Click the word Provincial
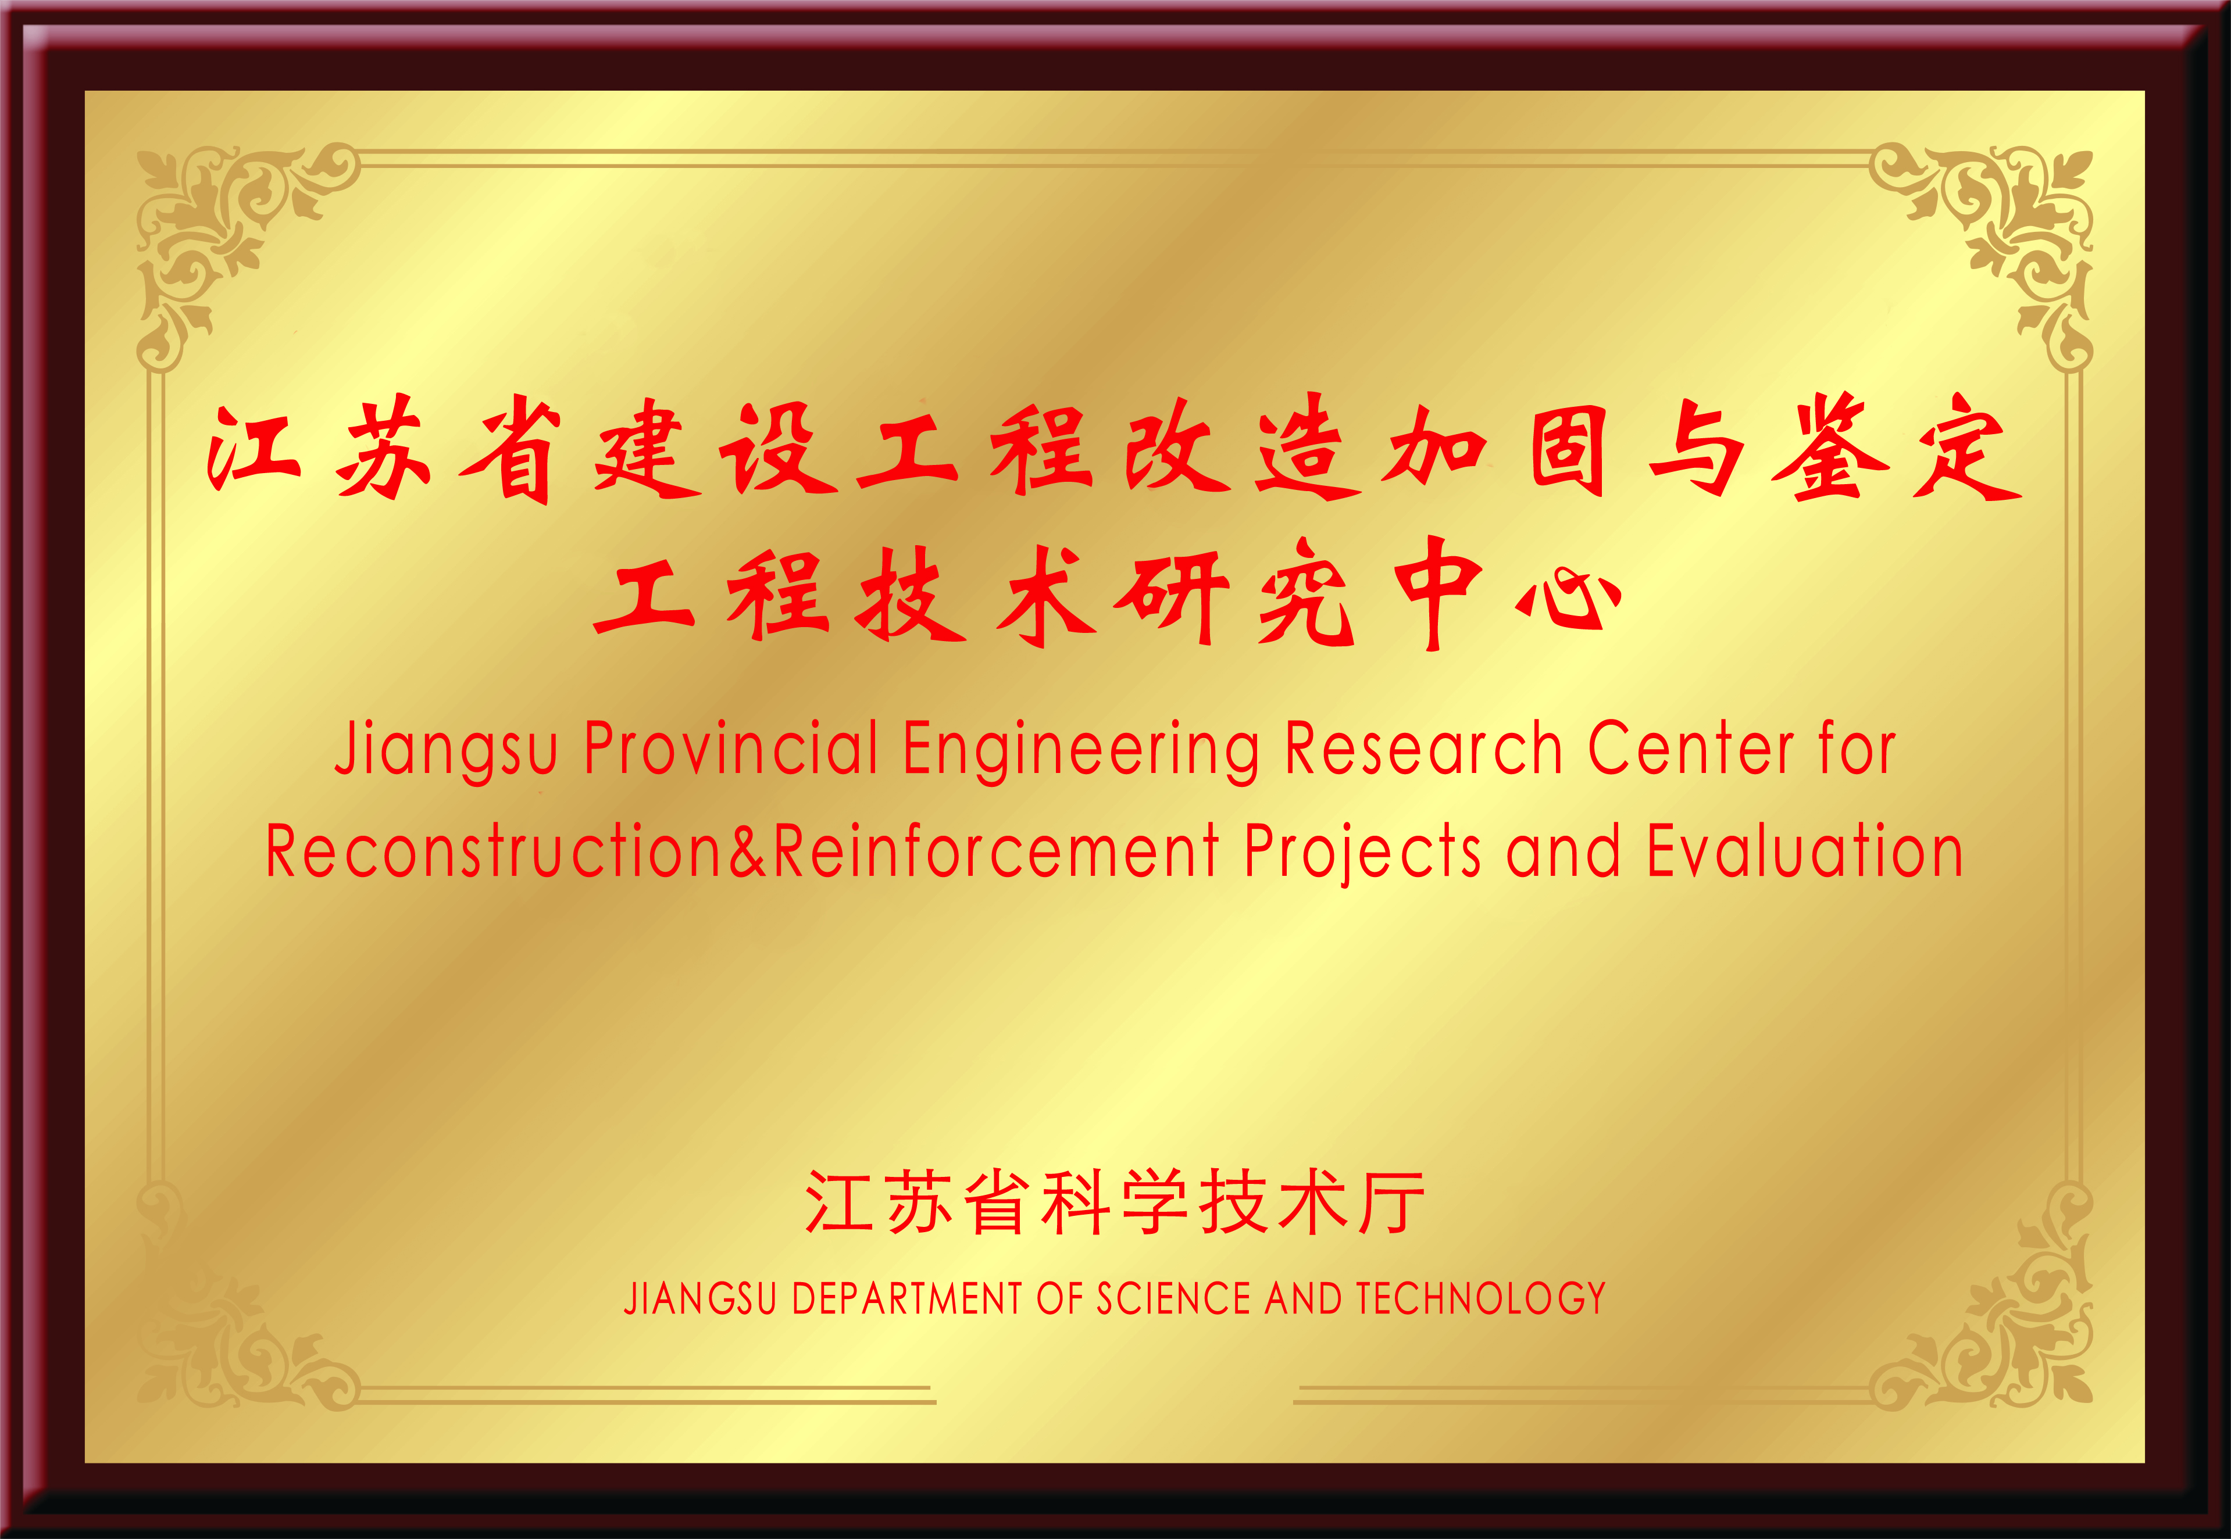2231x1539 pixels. pos(731,749)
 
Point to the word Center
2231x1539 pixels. pos(1691,749)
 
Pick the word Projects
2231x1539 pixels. pos(1362,853)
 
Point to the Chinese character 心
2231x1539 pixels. pos(1568,599)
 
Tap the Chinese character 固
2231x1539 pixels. pos(1568,451)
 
